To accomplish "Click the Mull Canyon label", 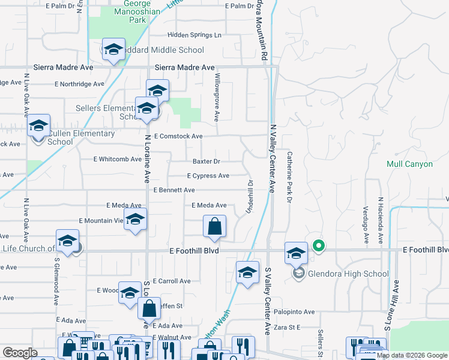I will pyautogui.click(x=409, y=164).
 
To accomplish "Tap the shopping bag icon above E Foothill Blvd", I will pyautogui.click(x=214, y=227).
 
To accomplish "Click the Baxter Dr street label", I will pyautogui.click(x=206, y=161).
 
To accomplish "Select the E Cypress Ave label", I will pyautogui.click(x=208, y=176).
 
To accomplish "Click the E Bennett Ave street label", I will pyautogui.click(x=174, y=190).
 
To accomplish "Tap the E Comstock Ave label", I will pyautogui.click(x=178, y=137).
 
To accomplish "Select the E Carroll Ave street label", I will pyautogui.click(x=171, y=281).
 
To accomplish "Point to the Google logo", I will pyautogui.click(x=20, y=353).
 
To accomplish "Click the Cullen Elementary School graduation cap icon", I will pyautogui.click(x=38, y=125).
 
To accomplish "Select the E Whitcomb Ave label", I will pyautogui.click(x=118, y=160).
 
